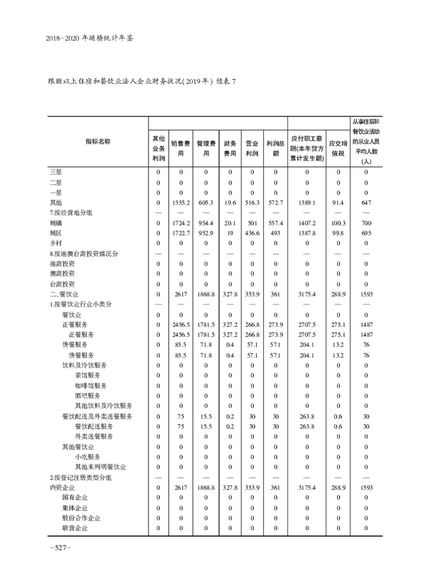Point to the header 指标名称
[98, 142]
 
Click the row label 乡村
[56, 243]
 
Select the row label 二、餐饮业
[64, 294]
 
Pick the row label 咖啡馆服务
[91, 385]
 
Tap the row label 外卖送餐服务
[94, 436]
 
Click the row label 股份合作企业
[81, 518]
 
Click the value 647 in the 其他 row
[365, 202]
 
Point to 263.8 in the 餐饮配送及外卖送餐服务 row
[306, 416]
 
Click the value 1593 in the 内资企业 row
[365, 487]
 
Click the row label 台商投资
[62, 284]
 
